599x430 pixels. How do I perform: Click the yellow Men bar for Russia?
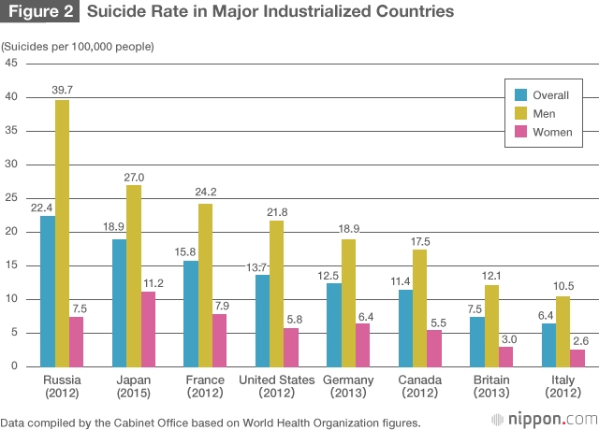click(x=62, y=233)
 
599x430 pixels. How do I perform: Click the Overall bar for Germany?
click(x=334, y=323)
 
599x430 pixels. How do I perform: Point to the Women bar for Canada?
click(x=435, y=348)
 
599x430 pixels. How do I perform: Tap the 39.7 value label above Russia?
click(x=63, y=90)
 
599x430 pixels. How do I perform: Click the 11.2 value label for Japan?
click(x=149, y=281)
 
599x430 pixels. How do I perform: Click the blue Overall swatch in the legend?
click(x=520, y=95)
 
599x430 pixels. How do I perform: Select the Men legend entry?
click(x=543, y=113)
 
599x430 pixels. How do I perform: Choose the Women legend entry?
click(x=551, y=132)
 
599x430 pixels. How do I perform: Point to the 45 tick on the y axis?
click(x=12, y=63)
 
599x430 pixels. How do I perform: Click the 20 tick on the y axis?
click(x=12, y=231)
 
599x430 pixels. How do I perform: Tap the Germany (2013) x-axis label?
click(x=348, y=386)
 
